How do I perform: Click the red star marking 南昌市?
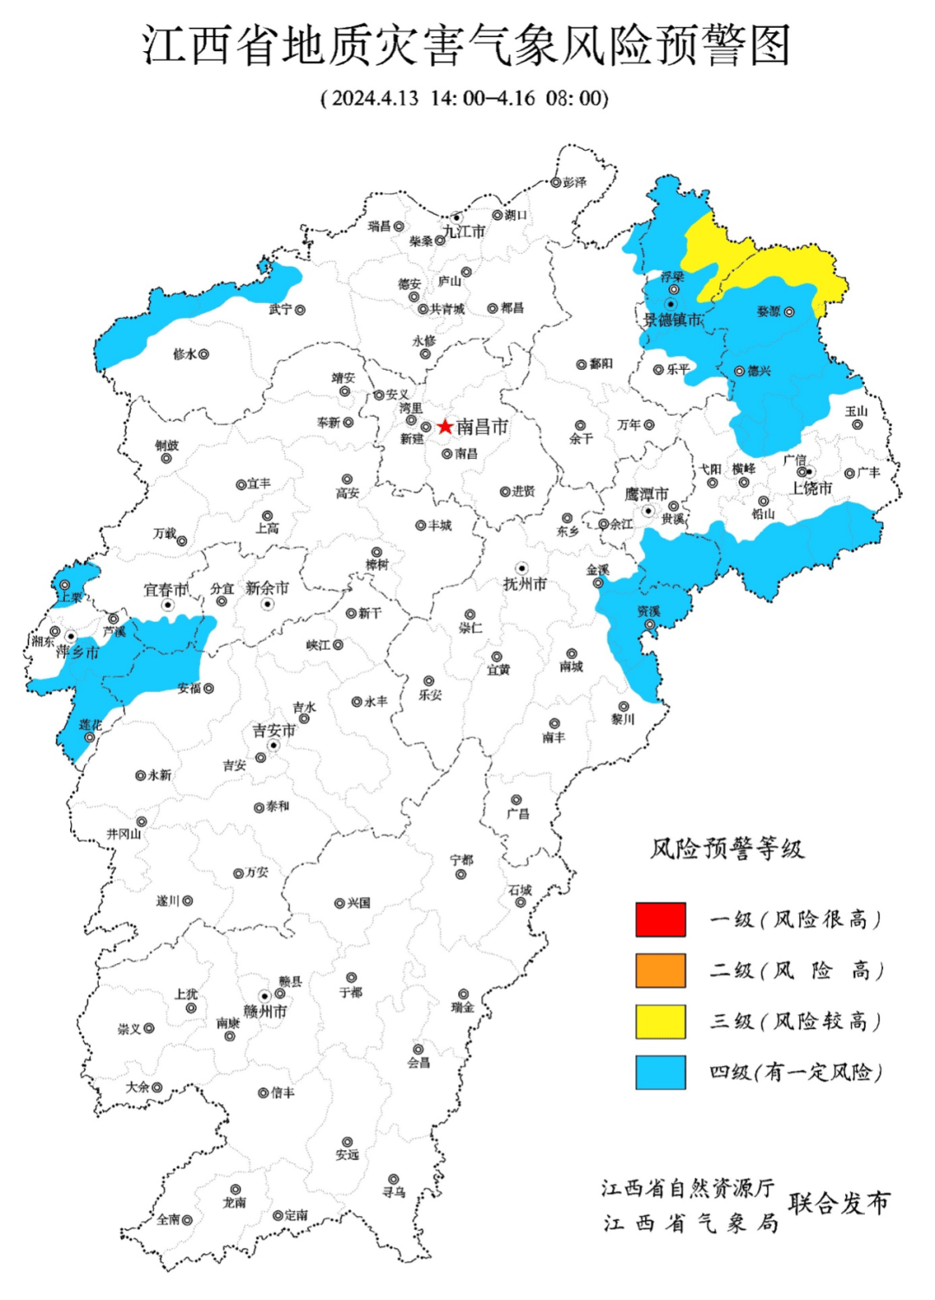click(x=445, y=427)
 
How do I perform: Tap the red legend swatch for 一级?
click(x=661, y=920)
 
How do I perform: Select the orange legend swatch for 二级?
click(x=661, y=971)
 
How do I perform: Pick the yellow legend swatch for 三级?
click(x=661, y=1022)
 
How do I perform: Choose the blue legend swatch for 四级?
click(x=661, y=1072)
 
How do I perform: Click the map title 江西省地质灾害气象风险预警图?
click(x=467, y=45)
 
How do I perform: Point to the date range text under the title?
click(x=465, y=97)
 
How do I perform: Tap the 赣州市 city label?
click(x=265, y=1011)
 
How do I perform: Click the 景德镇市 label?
click(x=673, y=320)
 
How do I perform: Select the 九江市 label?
click(x=464, y=231)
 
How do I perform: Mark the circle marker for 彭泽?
click(x=557, y=183)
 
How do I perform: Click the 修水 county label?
click(x=184, y=354)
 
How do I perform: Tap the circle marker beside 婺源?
click(x=789, y=312)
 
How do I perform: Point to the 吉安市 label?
click(x=274, y=731)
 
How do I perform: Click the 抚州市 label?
click(x=525, y=585)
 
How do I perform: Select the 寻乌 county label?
click(x=394, y=1193)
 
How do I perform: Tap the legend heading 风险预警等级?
click(x=727, y=849)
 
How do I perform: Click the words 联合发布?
click(x=838, y=1203)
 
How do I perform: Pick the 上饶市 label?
click(x=811, y=488)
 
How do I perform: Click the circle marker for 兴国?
click(x=340, y=903)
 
